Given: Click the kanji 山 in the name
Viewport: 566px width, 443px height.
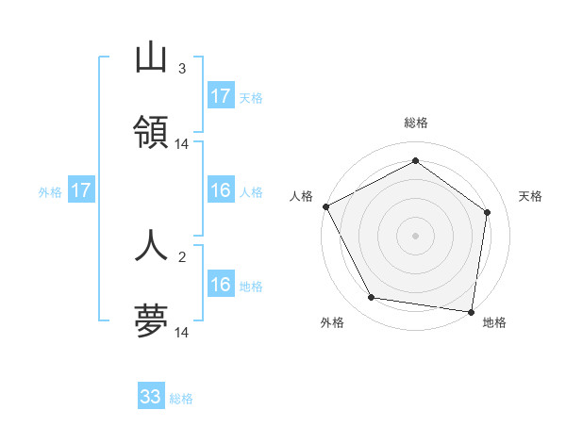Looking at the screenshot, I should click(x=151, y=59).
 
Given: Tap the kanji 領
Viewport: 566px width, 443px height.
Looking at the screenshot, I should click(x=151, y=133).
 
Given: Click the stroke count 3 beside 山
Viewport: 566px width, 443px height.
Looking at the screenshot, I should click(x=181, y=69).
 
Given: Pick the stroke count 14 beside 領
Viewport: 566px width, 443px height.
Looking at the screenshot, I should click(x=182, y=144).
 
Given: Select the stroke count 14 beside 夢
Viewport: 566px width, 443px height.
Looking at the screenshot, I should click(x=182, y=332).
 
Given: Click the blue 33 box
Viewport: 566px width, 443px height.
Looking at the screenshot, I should click(x=151, y=397).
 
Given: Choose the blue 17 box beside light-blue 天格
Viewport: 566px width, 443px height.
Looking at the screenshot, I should click(x=221, y=95).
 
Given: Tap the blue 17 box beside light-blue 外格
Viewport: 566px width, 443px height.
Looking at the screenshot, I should click(x=81, y=190).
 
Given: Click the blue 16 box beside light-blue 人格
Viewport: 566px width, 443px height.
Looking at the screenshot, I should click(x=221, y=190).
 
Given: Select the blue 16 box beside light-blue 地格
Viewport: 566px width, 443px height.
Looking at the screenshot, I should click(x=221, y=285).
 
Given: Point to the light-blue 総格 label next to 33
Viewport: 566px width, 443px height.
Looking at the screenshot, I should click(x=181, y=399).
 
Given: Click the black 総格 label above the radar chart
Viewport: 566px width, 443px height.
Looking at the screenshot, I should click(x=415, y=123).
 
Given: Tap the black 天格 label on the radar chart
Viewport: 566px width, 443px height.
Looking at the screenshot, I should click(x=531, y=196).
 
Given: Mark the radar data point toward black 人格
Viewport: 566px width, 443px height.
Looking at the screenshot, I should click(x=325, y=206).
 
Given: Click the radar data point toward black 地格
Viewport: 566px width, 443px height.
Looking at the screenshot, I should click(x=471, y=311).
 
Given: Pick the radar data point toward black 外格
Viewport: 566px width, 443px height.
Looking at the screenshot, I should click(x=372, y=298).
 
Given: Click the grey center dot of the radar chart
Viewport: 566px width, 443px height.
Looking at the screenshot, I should click(x=415, y=235).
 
